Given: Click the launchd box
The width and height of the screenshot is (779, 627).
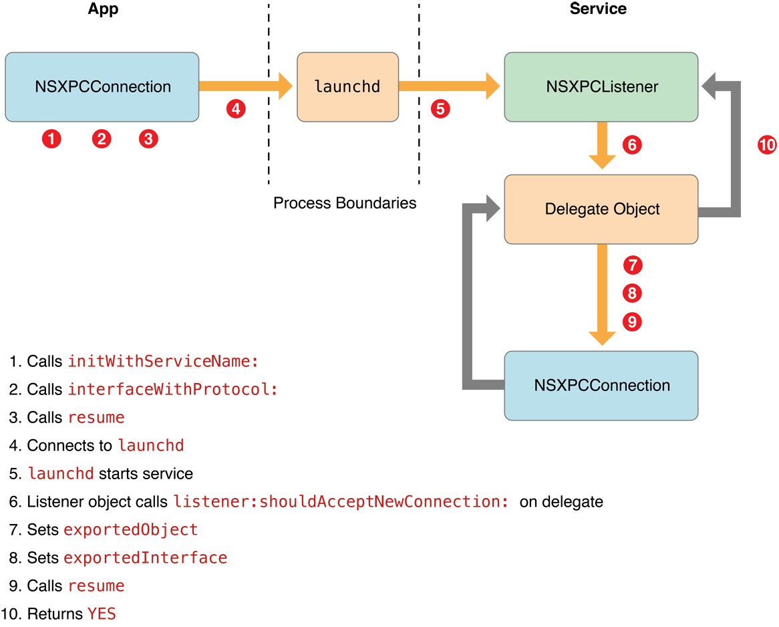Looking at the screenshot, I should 347,87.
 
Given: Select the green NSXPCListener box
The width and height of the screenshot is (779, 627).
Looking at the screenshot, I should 601,87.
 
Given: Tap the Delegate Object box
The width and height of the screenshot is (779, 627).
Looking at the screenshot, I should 601,209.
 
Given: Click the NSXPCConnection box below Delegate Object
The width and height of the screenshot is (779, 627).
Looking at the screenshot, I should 601,386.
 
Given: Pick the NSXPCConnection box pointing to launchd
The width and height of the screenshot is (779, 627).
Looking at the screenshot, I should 102,87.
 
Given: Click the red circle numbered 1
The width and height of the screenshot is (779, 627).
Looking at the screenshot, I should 51,139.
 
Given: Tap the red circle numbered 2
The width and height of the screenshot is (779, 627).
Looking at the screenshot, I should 102,139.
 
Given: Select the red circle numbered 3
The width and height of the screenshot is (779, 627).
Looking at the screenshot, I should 149,139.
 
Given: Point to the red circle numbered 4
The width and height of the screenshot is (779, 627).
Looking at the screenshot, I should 235,109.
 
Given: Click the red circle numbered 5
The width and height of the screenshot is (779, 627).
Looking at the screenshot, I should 440,109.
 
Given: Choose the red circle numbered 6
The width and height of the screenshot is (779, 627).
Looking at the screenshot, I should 632,144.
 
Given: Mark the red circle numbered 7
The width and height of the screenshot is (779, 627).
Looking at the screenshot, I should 632,265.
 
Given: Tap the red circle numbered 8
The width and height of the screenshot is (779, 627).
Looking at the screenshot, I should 632,293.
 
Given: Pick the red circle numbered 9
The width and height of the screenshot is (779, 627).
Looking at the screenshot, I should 632,322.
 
